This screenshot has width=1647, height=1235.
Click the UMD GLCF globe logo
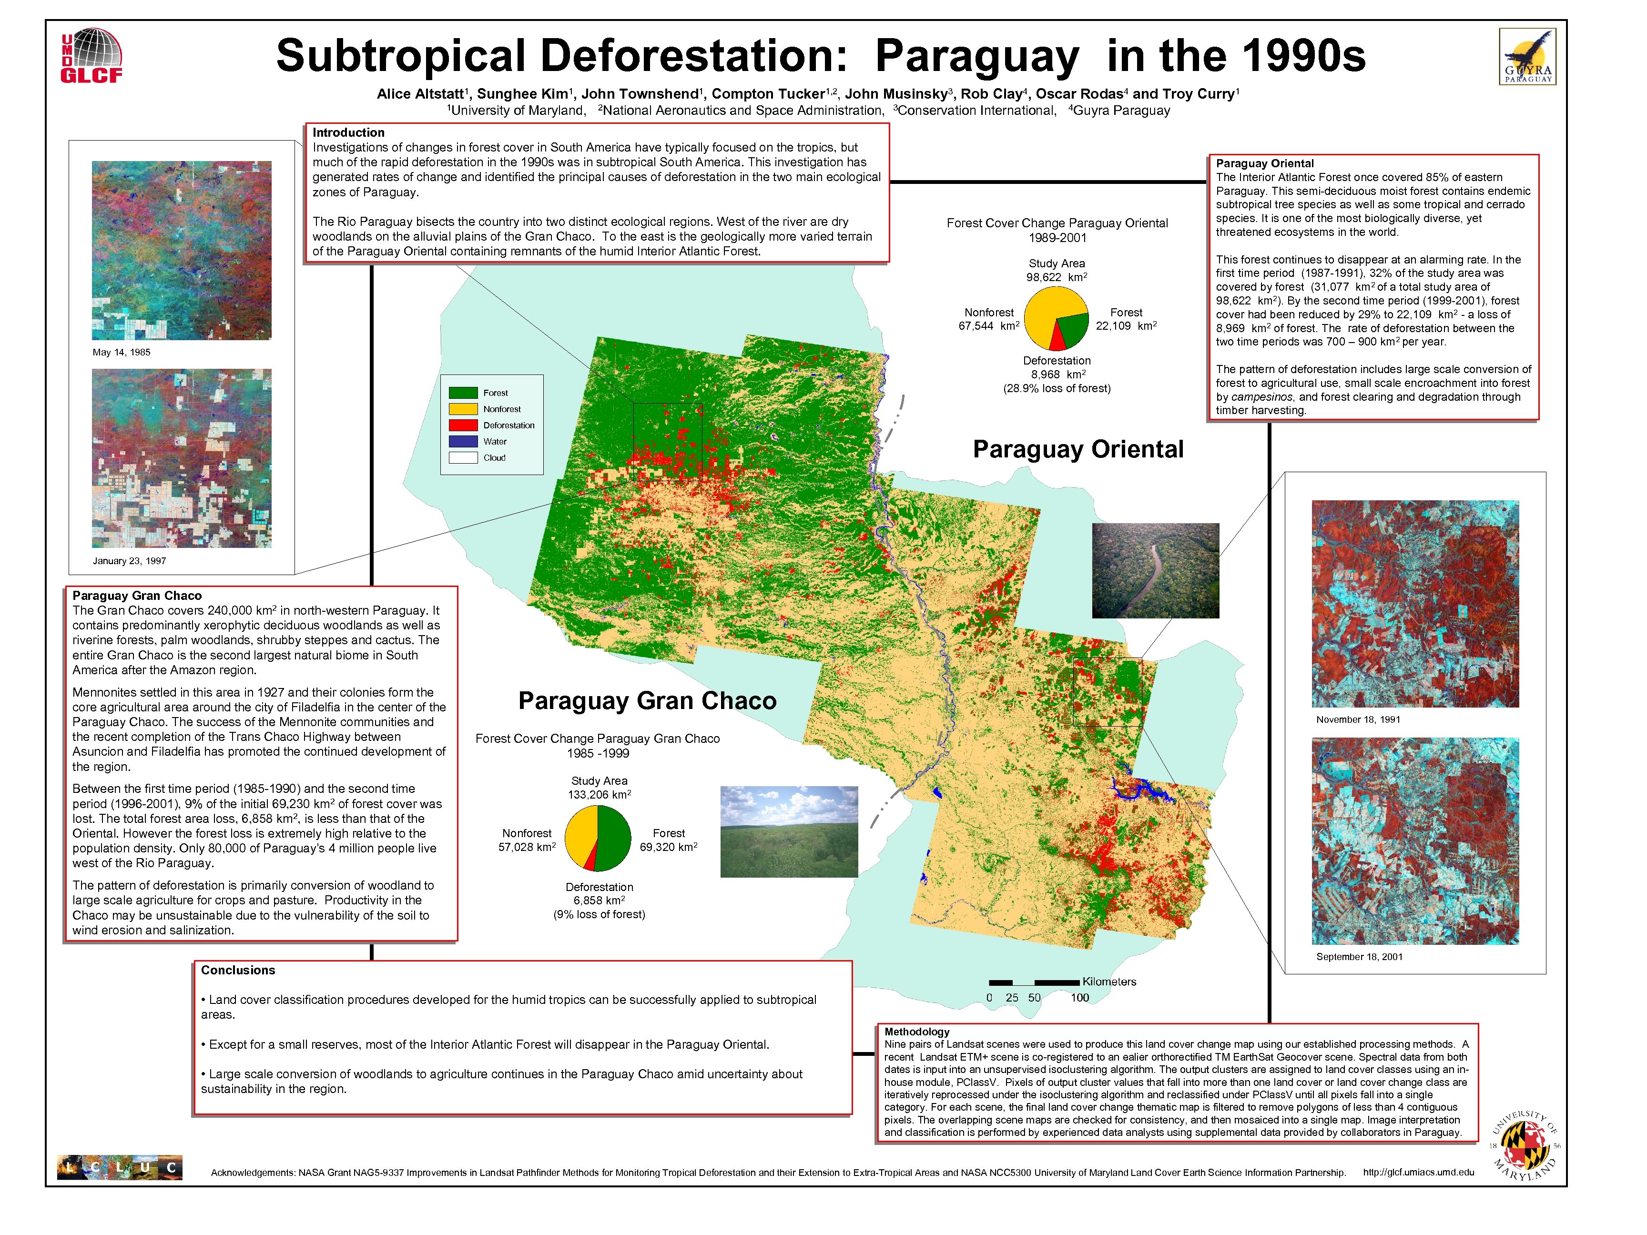[91, 55]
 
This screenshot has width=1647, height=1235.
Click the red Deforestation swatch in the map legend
[462, 425]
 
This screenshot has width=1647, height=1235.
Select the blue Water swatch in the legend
[462, 441]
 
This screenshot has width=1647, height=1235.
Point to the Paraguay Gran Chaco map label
[647, 700]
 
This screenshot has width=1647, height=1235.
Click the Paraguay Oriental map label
[1078, 449]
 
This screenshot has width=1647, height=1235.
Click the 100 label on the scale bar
[1079, 998]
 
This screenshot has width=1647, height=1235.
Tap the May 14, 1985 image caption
[122, 352]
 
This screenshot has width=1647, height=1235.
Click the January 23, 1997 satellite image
[182, 458]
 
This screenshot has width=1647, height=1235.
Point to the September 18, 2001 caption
[1359, 957]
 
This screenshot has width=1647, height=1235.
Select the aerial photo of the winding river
[1155, 570]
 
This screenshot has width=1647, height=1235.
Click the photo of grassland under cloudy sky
[789, 831]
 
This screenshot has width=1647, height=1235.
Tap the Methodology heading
[916, 1032]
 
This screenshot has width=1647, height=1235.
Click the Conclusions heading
[237, 970]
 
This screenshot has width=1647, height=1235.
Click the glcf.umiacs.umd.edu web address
[1418, 1172]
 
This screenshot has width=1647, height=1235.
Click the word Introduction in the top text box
[348, 132]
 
